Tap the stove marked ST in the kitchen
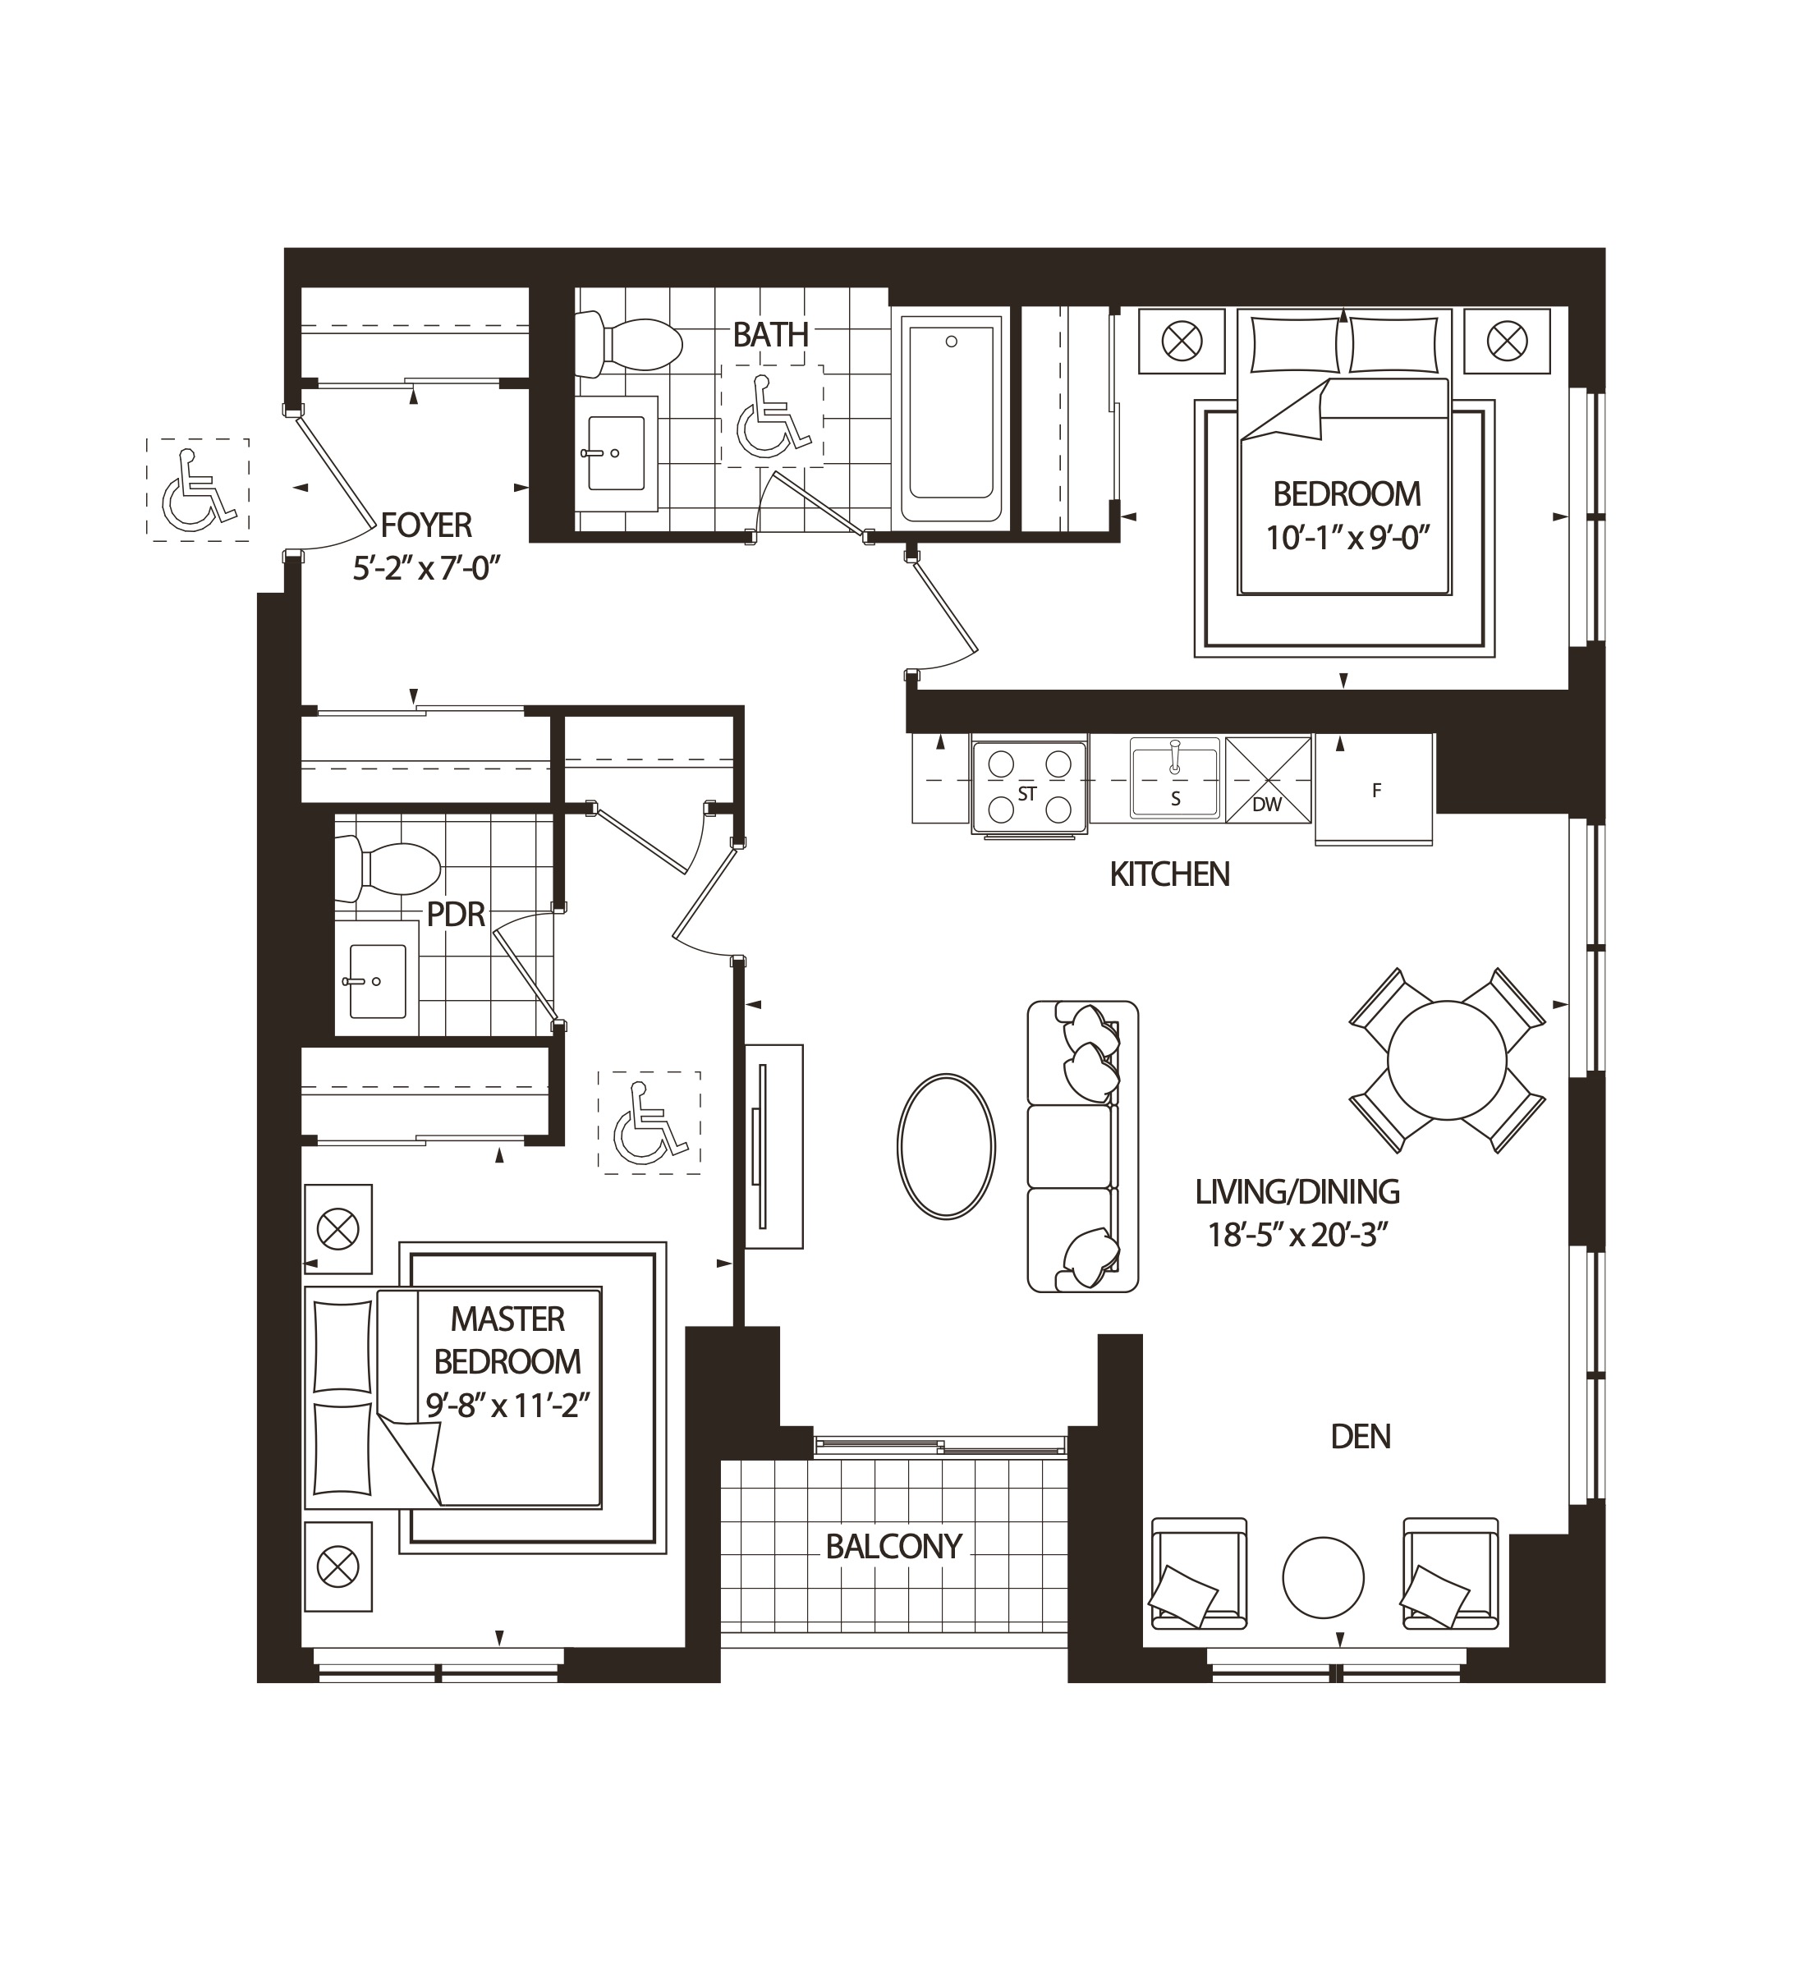(x=1028, y=787)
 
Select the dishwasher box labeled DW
(x=1267, y=779)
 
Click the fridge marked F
(x=1375, y=790)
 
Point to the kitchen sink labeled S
(x=1174, y=779)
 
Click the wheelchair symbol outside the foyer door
(x=198, y=489)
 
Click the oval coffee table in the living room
(x=946, y=1146)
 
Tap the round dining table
(x=1446, y=1059)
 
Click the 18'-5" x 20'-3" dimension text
(x=1297, y=1235)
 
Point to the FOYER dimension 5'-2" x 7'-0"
(x=427, y=567)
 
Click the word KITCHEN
(x=1169, y=874)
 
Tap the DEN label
(x=1360, y=1436)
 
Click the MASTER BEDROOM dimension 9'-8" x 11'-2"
(x=507, y=1406)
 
